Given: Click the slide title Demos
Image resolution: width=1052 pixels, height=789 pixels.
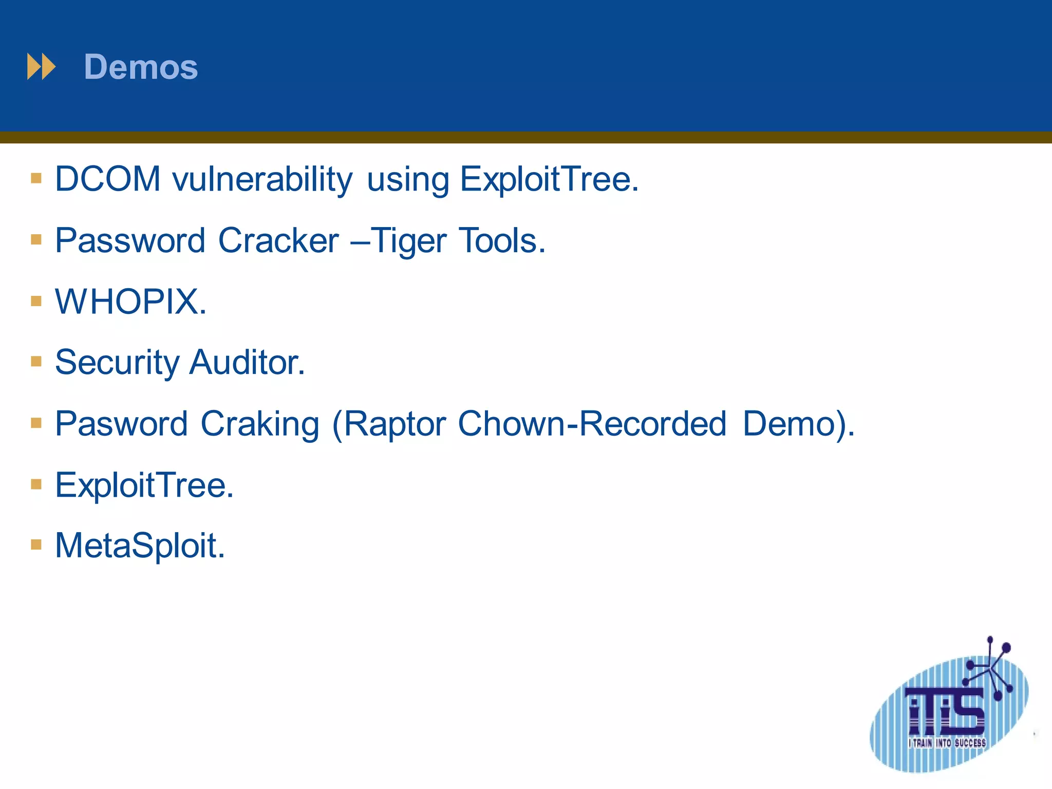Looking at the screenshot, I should point(141,67).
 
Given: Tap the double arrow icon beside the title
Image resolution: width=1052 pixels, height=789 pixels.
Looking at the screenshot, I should point(41,67).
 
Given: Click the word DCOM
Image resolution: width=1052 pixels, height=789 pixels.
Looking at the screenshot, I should point(108,179).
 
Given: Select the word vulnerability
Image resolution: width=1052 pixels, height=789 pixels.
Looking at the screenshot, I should point(262,180).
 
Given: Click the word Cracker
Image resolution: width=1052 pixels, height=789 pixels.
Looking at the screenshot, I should point(278,240).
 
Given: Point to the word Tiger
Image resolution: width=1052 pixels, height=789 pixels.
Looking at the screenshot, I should point(409,241).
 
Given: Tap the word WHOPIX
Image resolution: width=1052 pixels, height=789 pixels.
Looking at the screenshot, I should point(130,302).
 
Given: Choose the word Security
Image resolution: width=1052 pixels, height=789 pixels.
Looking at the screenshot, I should point(117,363).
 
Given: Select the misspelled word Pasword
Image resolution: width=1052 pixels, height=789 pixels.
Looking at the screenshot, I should point(121,424).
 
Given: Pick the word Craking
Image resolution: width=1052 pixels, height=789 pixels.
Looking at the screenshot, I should point(260,425).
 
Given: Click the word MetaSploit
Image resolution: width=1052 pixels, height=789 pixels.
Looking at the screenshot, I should point(140,546).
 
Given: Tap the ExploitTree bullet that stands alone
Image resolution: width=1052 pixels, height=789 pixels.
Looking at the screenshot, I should point(144,485).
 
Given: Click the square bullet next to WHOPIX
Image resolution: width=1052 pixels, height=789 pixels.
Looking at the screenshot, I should point(36,301).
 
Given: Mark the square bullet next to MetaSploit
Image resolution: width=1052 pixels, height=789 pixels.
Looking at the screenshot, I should point(36,544).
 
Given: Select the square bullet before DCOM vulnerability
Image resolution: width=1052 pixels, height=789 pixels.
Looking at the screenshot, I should point(36,179).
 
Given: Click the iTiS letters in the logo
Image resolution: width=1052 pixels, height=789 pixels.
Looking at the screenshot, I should point(945,711).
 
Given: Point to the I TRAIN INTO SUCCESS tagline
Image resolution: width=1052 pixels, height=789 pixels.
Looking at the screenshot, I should point(947,743).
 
